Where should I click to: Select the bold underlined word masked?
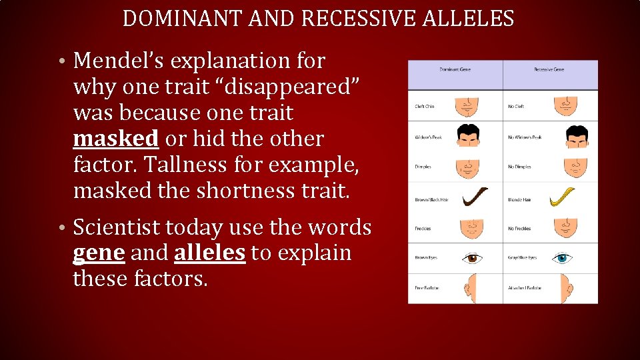click(115, 139)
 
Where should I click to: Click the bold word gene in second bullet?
click(99, 253)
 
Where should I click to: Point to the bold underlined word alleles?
click(209, 253)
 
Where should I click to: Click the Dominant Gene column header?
click(455, 69)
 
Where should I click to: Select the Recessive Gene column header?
click(549, 69)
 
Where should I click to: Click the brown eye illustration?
click(473, 257)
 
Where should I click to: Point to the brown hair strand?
click(474, 197)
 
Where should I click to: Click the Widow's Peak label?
click(427, 137)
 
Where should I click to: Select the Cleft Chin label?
click(425, 107)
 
